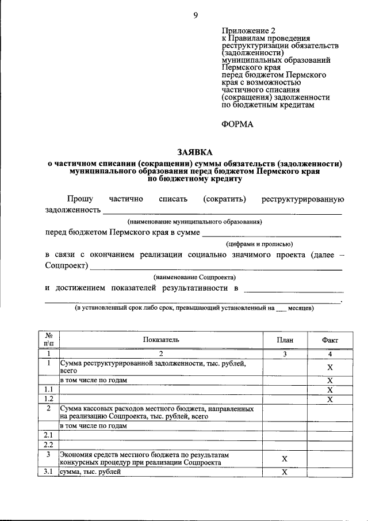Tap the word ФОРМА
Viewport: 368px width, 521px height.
(x=237, y=124)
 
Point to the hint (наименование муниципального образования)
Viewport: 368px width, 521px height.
(x=194, y=221)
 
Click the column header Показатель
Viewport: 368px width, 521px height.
(x=161, y=340)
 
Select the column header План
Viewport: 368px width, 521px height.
(x=285, y=340)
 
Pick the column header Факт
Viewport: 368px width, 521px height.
(x=330, y=340)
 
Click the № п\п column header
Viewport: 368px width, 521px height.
(x=49, y=340)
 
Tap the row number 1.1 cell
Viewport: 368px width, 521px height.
(x=49, y=390)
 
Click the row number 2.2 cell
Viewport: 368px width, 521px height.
(x=49, y=444)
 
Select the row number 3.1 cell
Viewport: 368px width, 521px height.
(x=49, y=472)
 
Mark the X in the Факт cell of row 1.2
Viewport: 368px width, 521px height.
(x=330, y=399)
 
